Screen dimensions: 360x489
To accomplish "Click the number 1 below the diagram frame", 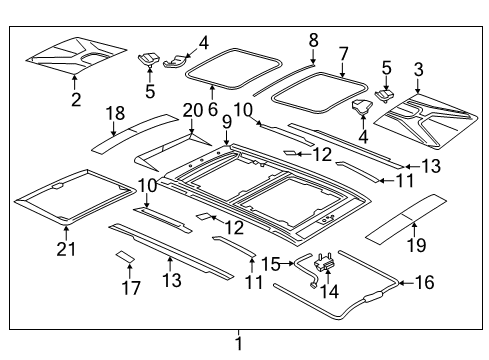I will point(238,343).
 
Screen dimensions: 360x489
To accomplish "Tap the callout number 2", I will point(75,99).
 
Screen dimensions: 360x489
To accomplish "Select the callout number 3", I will point(418,69).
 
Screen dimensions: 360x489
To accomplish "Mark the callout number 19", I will point(414,245).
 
